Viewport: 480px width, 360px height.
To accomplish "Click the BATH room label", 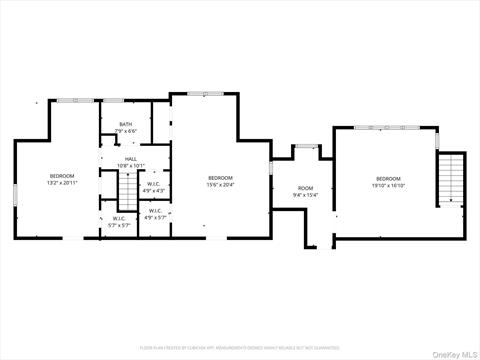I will click(123, 124).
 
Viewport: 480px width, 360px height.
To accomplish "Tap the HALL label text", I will click(131, 159).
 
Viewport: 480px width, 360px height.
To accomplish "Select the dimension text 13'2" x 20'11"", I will click(62, 183).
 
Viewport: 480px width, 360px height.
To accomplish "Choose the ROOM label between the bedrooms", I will click(305, 188).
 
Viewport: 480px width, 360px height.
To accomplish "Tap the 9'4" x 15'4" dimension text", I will click(305, 195).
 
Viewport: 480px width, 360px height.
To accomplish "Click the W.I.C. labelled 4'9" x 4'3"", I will click(154, 184).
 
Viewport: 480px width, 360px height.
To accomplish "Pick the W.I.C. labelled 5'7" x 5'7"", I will click(119, 219).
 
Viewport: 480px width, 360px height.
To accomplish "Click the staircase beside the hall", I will click(126, 189).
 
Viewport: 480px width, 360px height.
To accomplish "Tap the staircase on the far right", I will click(453, 180).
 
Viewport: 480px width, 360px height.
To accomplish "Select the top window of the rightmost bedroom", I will click(387, 127).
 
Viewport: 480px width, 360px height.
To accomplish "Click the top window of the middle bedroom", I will click(207, 94).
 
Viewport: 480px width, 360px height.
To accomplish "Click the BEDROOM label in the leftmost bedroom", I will click(62, 176).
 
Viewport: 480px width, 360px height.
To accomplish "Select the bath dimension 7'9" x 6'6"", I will click(124, 131).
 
